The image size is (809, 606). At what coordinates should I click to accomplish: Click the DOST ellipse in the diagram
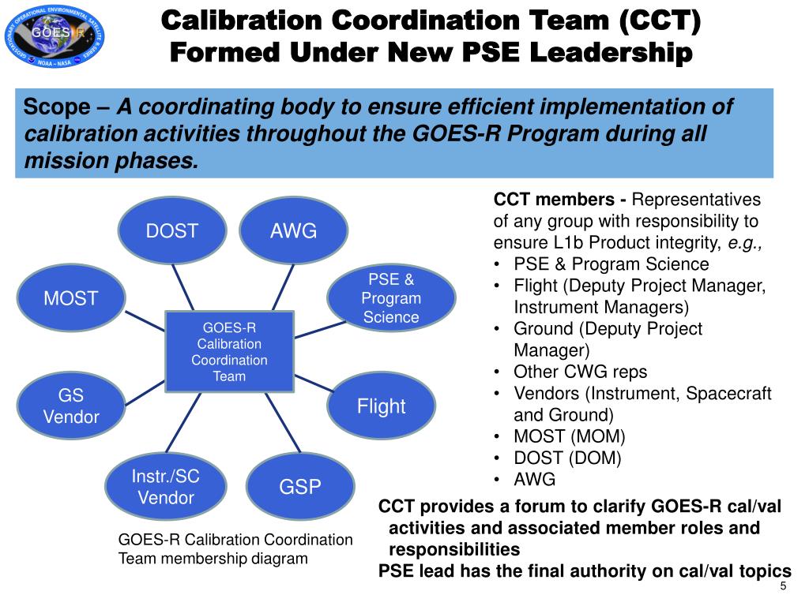tap(172, 231)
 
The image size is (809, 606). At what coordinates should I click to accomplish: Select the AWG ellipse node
tap(293, 231)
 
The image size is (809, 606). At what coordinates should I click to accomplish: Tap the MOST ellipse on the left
tap(70, 298)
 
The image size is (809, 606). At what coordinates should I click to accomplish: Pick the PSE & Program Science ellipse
tap(391, 298)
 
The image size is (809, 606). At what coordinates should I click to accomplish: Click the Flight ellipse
tap(381, 406)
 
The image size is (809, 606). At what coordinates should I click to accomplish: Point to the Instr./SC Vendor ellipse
tap(166, 487)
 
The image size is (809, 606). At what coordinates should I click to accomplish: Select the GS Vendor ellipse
tap(70, 406)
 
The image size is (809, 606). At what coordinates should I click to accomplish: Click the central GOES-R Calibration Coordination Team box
tap(229, 351)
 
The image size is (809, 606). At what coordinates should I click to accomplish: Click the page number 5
tap(783, 586)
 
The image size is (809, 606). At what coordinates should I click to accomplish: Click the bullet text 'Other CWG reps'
tap(569, 372)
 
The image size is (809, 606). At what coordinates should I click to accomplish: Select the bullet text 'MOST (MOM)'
tap(569, 436)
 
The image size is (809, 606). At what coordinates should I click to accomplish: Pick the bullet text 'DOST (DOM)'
tap(567, 458)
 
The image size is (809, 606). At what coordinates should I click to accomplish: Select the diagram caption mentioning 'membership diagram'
tap(235, 549)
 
